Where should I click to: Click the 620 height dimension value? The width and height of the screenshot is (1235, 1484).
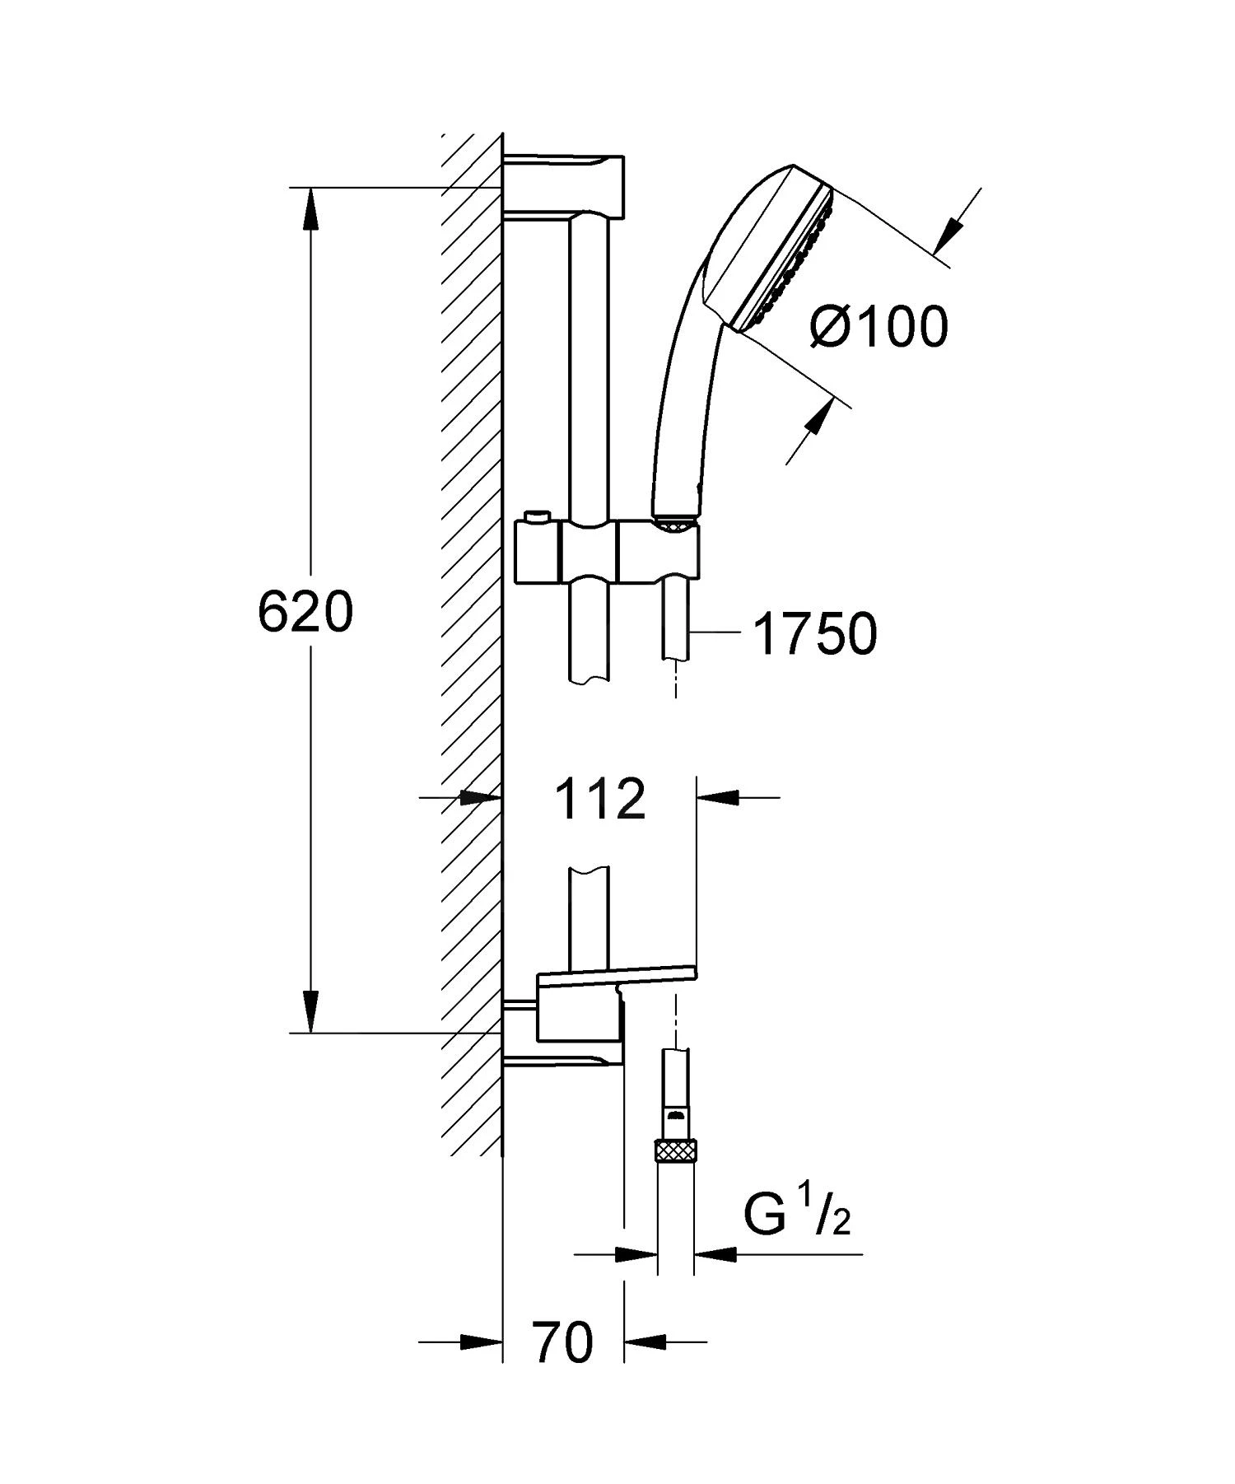point(305,613)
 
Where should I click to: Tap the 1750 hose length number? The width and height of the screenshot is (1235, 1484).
point(816,635)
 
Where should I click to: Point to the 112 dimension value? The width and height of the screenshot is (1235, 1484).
point(599,799)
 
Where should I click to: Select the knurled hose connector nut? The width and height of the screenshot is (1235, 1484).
point(676,1148)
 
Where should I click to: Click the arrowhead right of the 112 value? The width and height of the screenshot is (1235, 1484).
point(716,797)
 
